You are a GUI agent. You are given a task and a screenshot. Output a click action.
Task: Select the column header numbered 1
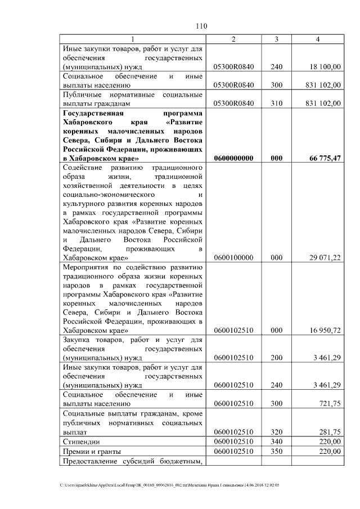pos(133,39)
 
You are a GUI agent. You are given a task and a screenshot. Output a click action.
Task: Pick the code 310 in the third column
pos(276,103)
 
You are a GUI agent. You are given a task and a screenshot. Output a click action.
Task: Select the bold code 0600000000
pos(234,159)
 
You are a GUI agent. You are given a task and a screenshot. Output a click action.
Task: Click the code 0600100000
pos(234,257)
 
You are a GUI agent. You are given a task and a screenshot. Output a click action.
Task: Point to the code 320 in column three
pos(276,431)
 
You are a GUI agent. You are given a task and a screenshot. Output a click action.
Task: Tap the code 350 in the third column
pos(276,451)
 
